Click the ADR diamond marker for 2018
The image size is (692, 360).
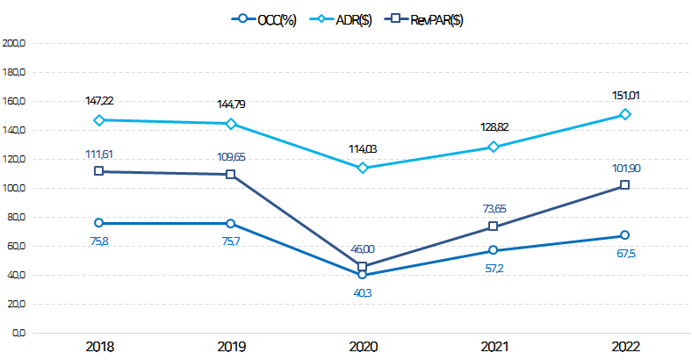point(99,120)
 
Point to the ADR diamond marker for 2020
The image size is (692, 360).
point(363,168)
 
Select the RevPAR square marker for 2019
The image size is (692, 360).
point(231,174)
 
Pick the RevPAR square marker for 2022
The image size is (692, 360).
point(624,185)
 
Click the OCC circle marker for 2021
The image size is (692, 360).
point(494,250)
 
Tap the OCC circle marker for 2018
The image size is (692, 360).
point(99,223)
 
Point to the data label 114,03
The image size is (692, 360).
point(363,148)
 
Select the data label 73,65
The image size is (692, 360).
point(494,208)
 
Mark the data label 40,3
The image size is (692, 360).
point(363,292)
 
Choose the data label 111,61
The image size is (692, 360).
point(99,155)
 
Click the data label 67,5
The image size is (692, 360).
point(624,253)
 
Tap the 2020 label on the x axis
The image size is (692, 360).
point(363,346)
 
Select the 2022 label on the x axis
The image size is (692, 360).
point(624,346)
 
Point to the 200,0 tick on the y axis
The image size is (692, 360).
point(16,43)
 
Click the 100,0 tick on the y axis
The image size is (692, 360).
point(16,188)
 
